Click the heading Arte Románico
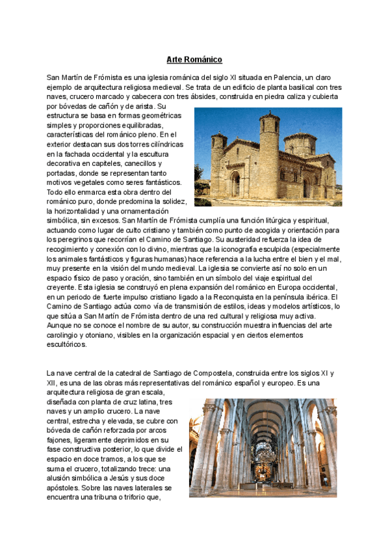coord(194,60)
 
